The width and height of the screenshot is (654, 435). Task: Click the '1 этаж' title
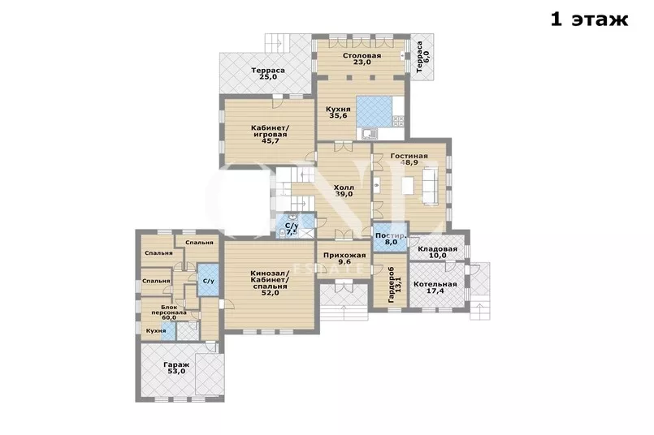pos(589,19)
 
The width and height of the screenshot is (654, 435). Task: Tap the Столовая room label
pos(362,55)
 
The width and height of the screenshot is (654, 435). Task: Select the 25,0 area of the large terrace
pos(268,77)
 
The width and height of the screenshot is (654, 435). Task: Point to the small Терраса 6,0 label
pos(422,56)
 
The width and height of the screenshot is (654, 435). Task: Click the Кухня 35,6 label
pos(338,113)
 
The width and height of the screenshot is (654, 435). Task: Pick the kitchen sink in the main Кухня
pos(370,133)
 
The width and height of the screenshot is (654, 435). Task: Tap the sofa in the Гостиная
pos(431,185)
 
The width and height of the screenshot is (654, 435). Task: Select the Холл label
pos(344,187)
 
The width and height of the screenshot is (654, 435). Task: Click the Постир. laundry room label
pos(391,235)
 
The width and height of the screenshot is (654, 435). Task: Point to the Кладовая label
pos(438,249)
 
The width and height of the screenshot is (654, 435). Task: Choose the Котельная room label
pos(435,284)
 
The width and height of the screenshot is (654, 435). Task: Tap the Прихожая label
pos(344,256)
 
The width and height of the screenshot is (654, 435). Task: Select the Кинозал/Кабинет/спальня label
pos(270,279)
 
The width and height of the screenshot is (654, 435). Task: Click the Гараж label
pos(176,364)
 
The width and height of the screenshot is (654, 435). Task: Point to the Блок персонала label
pos(168,309)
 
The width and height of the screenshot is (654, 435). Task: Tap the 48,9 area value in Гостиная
pos(409,162)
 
